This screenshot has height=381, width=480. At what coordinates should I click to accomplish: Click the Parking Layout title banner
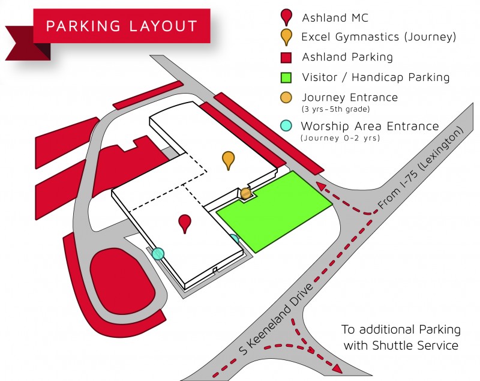tap(121, 26)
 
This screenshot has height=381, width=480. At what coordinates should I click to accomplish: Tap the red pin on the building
tap(185, 222)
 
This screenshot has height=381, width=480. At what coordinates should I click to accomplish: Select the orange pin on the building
tap(228, 160)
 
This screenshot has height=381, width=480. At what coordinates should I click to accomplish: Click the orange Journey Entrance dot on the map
tap(245, 193)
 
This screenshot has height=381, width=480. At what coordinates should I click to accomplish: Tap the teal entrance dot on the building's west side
tap(158, 253)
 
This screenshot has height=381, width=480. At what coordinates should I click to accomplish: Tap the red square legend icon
tap(287, 57)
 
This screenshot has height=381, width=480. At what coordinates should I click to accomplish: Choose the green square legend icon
tap(287, 77)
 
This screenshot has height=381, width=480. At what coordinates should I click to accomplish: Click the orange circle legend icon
tap(287, 97)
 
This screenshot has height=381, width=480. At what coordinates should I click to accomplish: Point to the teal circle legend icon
tap(287, 125)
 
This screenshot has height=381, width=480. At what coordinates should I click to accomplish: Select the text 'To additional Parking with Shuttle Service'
tap(401, 337)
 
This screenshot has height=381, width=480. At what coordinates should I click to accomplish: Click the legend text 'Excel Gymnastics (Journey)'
tap(379, 37)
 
